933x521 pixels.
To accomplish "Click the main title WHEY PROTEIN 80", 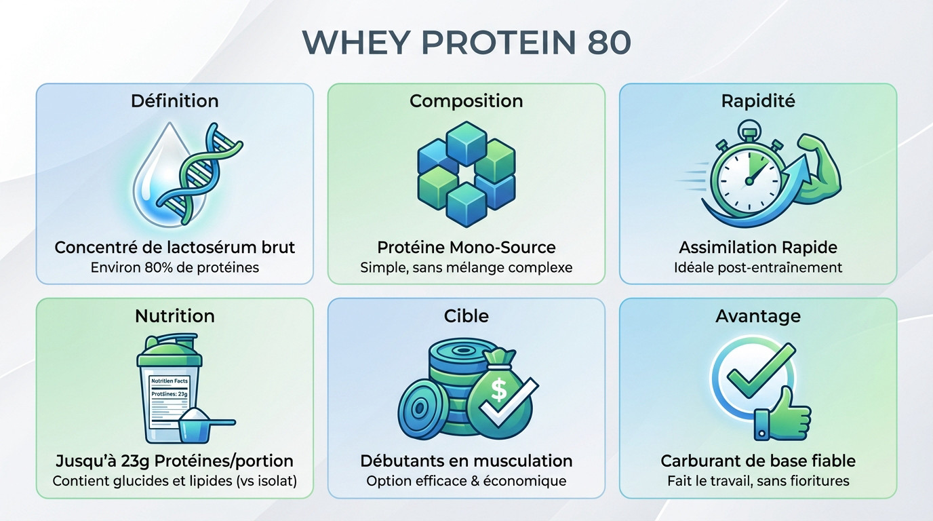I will pyautogui.click(x=466, y=42).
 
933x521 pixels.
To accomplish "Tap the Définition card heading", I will pyautogui.click(x=174, y=101).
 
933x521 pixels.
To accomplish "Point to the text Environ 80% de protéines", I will pyautogui.click(x=174, y=267).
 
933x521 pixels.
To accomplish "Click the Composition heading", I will pyautogui.click(x=466, y=101).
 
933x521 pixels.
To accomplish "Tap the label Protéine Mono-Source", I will pyautogui.click(x=466, y=247).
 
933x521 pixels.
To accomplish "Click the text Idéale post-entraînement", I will pyautogui.click(x=757, y=267).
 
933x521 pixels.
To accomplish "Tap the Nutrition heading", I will pyautogui.click(x=174, y=316).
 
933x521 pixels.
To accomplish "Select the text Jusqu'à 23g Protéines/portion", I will pyautogui.click(x=174, y=461).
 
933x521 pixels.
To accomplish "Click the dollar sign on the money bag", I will pyautogui.click(x=499, y=390).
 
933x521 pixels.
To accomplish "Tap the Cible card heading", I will pyautogui.click(x=466, y=316).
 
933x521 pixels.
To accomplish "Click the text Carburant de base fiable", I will pyautogui.click(x=757, y=461).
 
